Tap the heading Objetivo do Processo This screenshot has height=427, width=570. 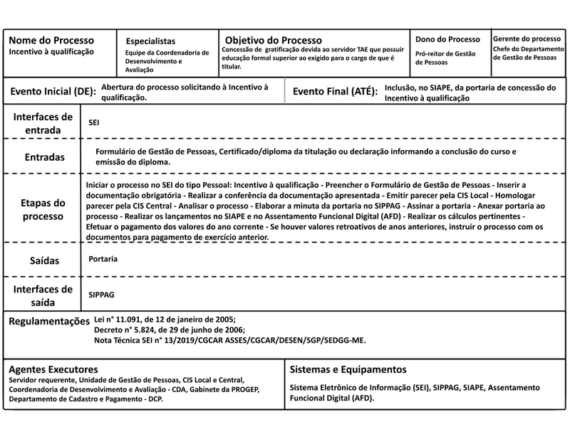273,39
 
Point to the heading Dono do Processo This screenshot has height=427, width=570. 448,39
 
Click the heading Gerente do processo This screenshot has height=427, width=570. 527,38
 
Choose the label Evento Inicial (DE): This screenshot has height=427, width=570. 51,92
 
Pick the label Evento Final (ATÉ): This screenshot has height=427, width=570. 335,92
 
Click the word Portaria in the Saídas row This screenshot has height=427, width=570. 103,259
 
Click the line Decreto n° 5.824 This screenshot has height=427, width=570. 169,330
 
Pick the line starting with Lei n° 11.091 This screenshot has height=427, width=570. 164,320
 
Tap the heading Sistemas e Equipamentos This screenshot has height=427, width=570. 348,369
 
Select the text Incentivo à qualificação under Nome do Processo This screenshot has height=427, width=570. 51,52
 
